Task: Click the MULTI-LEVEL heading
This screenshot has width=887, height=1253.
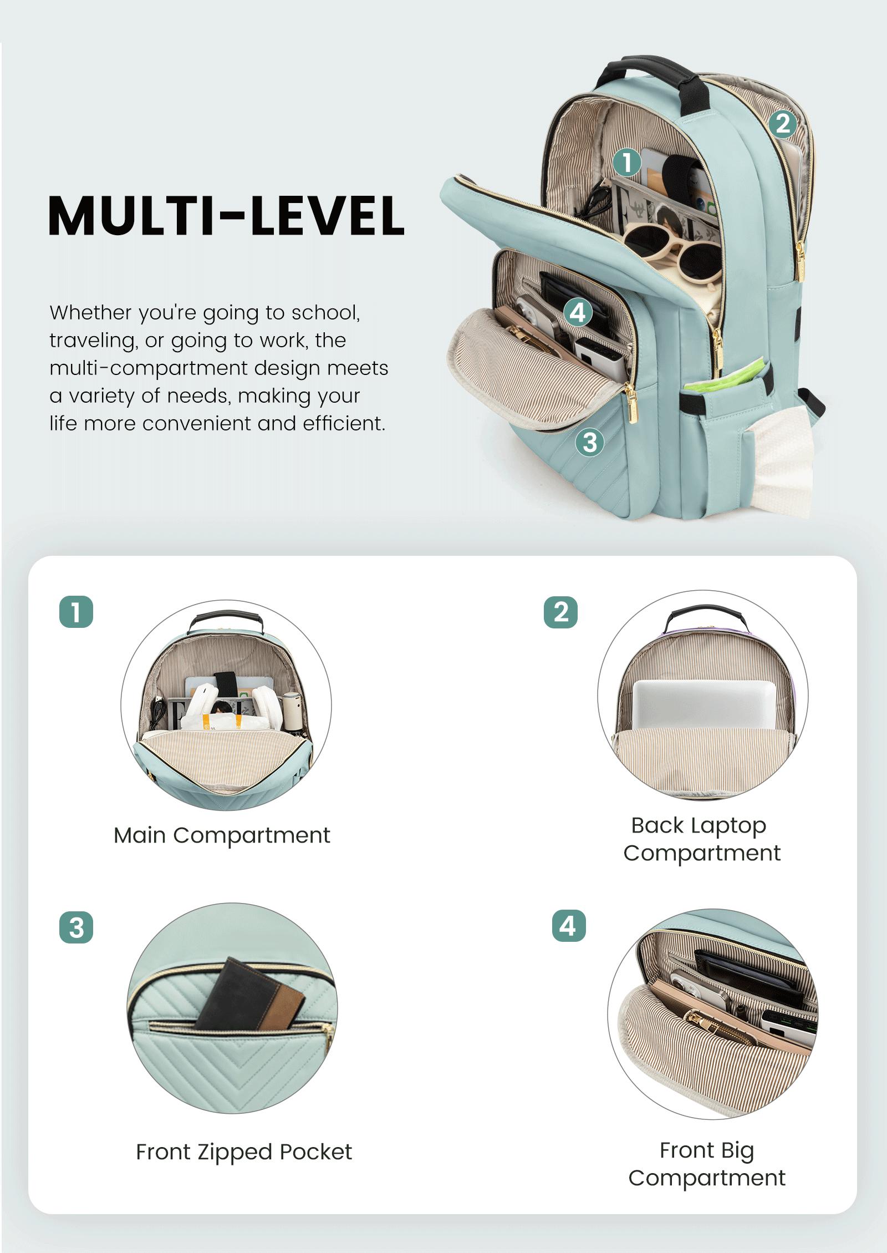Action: [226, 215]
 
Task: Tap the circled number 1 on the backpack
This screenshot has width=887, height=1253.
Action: [627, 163]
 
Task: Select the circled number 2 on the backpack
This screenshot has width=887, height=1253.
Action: [782, 124]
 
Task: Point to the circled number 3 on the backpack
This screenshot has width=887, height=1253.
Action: [589, 442]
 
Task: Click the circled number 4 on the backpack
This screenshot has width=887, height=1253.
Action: [578, 312]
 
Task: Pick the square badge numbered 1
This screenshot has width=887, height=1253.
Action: [76, 612]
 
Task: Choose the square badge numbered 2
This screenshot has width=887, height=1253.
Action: [560, 612]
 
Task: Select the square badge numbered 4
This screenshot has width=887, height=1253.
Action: [569, 926]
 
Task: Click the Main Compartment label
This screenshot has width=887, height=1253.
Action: [222, 835]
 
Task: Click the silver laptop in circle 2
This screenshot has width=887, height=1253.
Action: [704, 704]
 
